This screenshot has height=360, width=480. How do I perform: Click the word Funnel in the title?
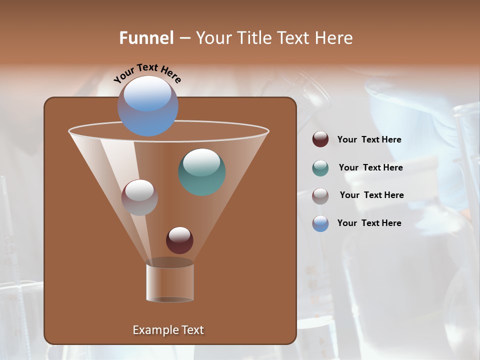pos(146,38)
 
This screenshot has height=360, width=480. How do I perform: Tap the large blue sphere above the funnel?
pos(147,105)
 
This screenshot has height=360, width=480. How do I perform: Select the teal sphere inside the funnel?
pos(201,172)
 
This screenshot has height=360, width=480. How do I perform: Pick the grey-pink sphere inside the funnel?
pos(139,197)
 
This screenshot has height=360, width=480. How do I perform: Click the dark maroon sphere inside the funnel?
pos(179,240)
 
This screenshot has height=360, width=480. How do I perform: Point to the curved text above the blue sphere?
pos(147,73)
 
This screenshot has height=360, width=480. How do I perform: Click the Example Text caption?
pos(168,330)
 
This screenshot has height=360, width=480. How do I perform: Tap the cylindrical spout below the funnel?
pos(170,282)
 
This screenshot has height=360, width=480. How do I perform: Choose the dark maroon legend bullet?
pos(320,139)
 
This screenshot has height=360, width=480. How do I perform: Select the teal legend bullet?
pos(320,168)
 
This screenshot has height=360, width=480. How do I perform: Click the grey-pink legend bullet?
pos(320,196)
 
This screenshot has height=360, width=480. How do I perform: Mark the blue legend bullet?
pos(320,223)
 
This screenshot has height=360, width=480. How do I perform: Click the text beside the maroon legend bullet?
pos(369,139)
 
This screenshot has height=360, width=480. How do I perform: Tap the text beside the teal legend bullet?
pos(370,167)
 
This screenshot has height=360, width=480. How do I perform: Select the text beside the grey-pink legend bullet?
pos(371,195)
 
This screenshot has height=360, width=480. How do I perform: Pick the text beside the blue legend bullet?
pos(369,223)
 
